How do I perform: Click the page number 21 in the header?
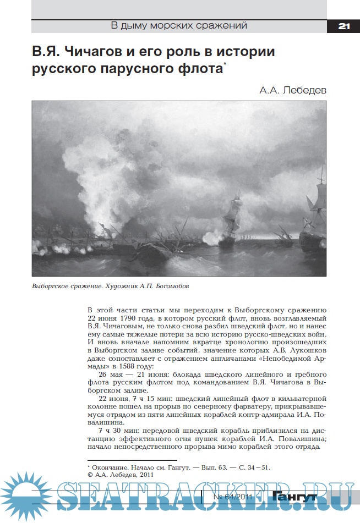344,26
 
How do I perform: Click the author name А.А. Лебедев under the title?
292,90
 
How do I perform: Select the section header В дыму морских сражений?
179,25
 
